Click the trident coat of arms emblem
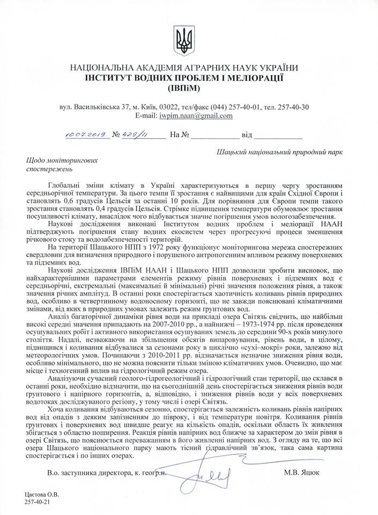189,38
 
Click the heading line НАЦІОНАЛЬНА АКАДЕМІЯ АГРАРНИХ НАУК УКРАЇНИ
189,68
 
